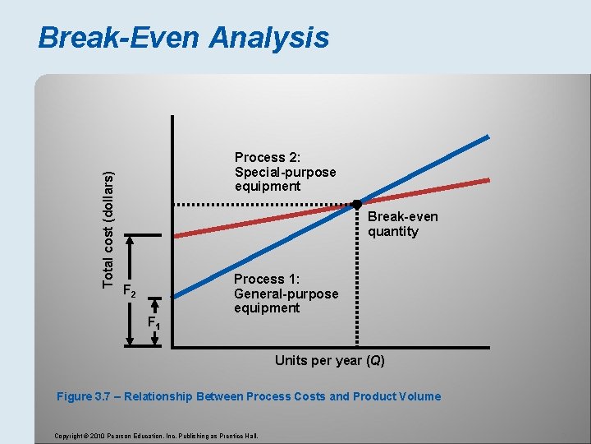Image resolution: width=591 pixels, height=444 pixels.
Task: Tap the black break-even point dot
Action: point(357,204)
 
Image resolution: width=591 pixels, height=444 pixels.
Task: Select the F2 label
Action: point(129,289)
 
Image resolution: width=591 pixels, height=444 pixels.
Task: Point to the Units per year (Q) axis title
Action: point(329,361)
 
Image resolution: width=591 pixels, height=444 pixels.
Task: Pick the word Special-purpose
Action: point(285,172)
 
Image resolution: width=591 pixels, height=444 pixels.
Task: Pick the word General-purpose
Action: point(286,294)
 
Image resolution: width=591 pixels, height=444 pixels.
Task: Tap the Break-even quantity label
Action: point(402,224)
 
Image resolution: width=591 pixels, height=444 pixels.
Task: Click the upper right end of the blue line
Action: point(488,137)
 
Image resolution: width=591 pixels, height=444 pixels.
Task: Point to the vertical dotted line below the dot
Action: point(357,280)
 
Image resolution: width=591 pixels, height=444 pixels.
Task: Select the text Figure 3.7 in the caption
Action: point(87,396)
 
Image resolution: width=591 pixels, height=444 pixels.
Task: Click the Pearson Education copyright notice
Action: point(155,435)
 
